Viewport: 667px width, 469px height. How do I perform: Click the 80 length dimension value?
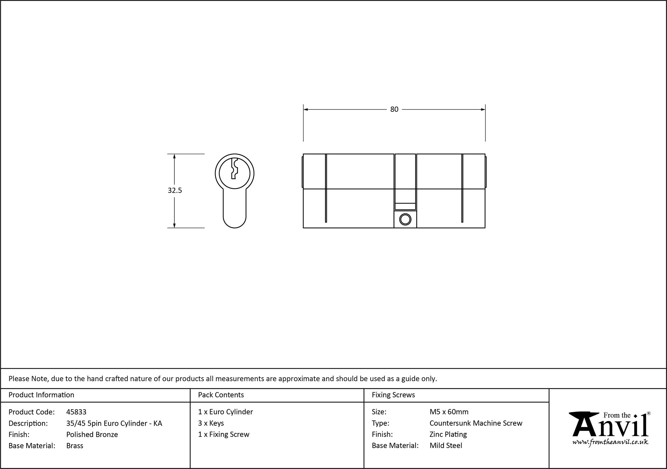[394, 109]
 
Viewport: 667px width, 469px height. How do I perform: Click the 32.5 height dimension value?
[175, 190]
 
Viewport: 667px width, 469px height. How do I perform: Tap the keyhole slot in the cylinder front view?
[234, 169]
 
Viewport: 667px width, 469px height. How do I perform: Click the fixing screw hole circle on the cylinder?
[405, 219]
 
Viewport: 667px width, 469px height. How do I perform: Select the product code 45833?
[76, 412]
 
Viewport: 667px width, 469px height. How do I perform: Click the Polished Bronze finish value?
[92, 434]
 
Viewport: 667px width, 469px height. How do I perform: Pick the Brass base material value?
[75, 446]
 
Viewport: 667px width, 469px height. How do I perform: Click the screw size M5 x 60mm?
[449, 412]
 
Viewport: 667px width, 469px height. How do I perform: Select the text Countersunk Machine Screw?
[476, 423]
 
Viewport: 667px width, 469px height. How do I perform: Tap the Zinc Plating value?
[448, 434]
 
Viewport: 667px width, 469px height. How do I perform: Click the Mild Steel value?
[446, 446]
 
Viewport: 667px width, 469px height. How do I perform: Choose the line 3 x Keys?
[211, 423]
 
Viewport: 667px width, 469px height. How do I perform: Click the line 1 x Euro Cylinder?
[225, 412]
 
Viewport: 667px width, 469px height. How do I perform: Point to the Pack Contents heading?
[221, 395]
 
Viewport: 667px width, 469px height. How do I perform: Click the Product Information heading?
[41, 395]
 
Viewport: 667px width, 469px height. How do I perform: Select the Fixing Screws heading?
[394, 395]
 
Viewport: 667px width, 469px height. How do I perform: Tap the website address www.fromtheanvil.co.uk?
[610, 442]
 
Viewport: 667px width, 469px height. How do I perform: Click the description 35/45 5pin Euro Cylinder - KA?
[114, 423]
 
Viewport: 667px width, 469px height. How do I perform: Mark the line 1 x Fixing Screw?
[224, 434]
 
